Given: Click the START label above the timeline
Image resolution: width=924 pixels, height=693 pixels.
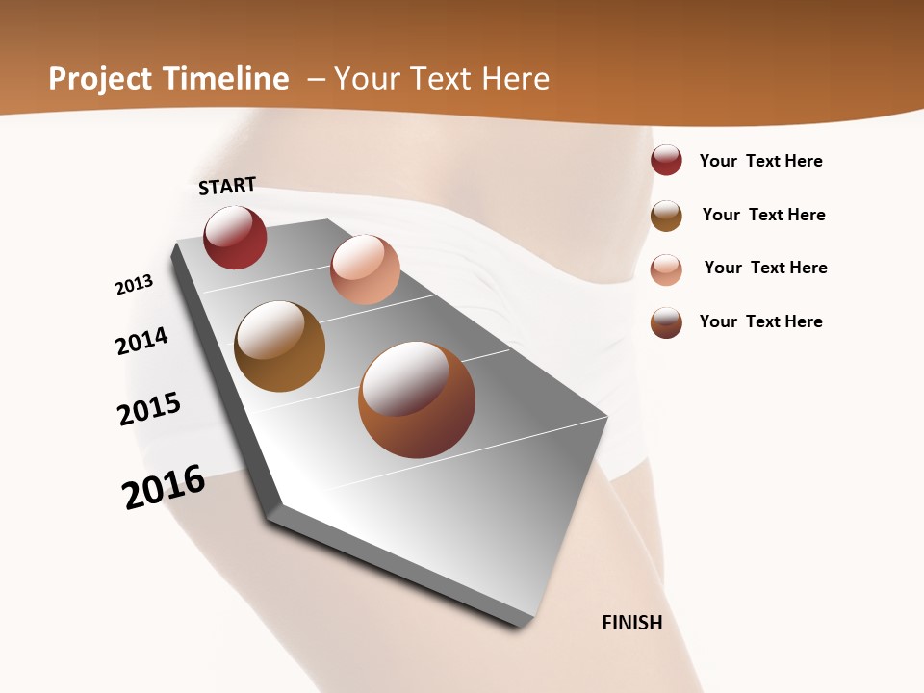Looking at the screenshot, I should click(x=227, y=186).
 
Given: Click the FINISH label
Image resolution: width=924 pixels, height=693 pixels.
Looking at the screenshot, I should click(x=632, y=623).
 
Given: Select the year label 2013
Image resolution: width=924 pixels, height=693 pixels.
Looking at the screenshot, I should click(x=134, y=285).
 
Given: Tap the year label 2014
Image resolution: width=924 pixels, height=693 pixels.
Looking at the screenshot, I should click(x=142, y=341).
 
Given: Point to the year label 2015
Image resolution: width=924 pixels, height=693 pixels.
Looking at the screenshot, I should click(x=149, y=409).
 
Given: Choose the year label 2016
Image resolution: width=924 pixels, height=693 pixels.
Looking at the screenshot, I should click(x=165, y=487).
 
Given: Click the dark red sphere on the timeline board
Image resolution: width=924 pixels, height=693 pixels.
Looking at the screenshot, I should click(x=236, y=238).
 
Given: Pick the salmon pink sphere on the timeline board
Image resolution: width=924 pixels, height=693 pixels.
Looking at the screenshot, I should click(x=365, y=269).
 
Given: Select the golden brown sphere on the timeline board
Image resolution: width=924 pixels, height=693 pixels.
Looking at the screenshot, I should click(x=280, y=346).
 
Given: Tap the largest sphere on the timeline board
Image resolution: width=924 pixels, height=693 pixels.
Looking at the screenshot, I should click(x=417, y=399).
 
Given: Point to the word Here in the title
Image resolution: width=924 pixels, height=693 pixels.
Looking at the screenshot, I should click(x=515, y=79).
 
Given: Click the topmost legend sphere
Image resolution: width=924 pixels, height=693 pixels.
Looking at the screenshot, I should click(x=666, y=161).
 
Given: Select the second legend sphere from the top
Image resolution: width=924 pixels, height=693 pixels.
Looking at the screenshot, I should click(x=666, y=216).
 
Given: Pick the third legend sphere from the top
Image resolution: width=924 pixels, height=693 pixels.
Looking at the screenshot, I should click(x=666, y=269).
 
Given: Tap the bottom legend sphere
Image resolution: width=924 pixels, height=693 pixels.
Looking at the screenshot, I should click(x=666, y=322).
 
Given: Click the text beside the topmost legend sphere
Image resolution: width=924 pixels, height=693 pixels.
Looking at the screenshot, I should click(x=761, y=161).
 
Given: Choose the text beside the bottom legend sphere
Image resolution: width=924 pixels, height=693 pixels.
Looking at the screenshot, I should click(x=761, y=321).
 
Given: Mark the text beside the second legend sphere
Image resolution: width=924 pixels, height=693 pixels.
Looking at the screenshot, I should click(x=764, y=215).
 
